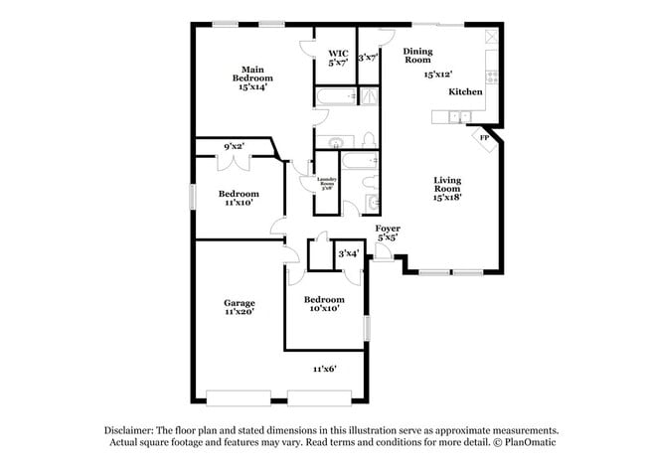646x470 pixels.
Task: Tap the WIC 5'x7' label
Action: pyautogui.click(x=337, y=56)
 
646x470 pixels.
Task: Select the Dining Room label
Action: pyautogui.click(x=416, y=55)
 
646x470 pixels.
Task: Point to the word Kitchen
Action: pyautogui.click(x=465, y=91)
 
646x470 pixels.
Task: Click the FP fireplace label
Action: pyautogui.click(x=485, y=138)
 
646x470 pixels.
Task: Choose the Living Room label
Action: pyautogui.click(x=447, y=190)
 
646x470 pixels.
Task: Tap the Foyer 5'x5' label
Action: pyautogui.click(x=388, y=234)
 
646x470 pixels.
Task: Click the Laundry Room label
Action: pyautogui.click(x=327, y=183)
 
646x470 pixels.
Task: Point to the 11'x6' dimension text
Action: pyautogui.click(x=325, y=370)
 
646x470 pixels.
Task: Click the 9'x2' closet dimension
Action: pyautogui.click(x=235, y=146)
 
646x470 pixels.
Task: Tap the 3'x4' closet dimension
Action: pyautogui.click(x=349, y=254)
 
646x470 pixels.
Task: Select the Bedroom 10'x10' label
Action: pyautogui.click(x=324, y=304)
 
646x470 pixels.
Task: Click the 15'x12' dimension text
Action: pyautogui.click(x=437, y=75)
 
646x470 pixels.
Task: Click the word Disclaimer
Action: pyautogui.click(x=133, y=430)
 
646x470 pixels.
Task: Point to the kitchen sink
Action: pyautogui.click(x=458, y=116)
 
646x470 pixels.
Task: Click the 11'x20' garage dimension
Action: pyautogui.click(x=239, y=311)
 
